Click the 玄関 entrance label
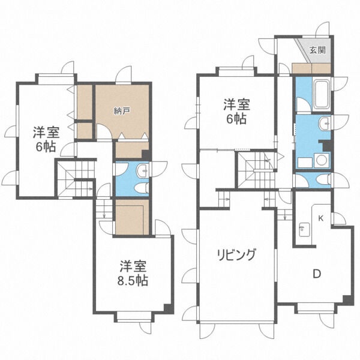coord(317,50)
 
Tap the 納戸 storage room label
coord(122,112)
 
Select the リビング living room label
coord(236,254)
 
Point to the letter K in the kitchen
coord(321,218)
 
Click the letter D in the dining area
coord(317,274)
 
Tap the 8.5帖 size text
coord(133,280)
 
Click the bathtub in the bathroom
coord(322,94)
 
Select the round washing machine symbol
coord(322,160)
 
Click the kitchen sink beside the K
coord(304,229)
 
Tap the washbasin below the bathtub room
coord(324,124)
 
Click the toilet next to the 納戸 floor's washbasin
coord(141,189)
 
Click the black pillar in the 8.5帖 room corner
coord(169,308)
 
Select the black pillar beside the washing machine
coord(326,145)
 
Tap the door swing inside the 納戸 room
coord(104,130)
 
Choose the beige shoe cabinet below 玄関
coord(311,68)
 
